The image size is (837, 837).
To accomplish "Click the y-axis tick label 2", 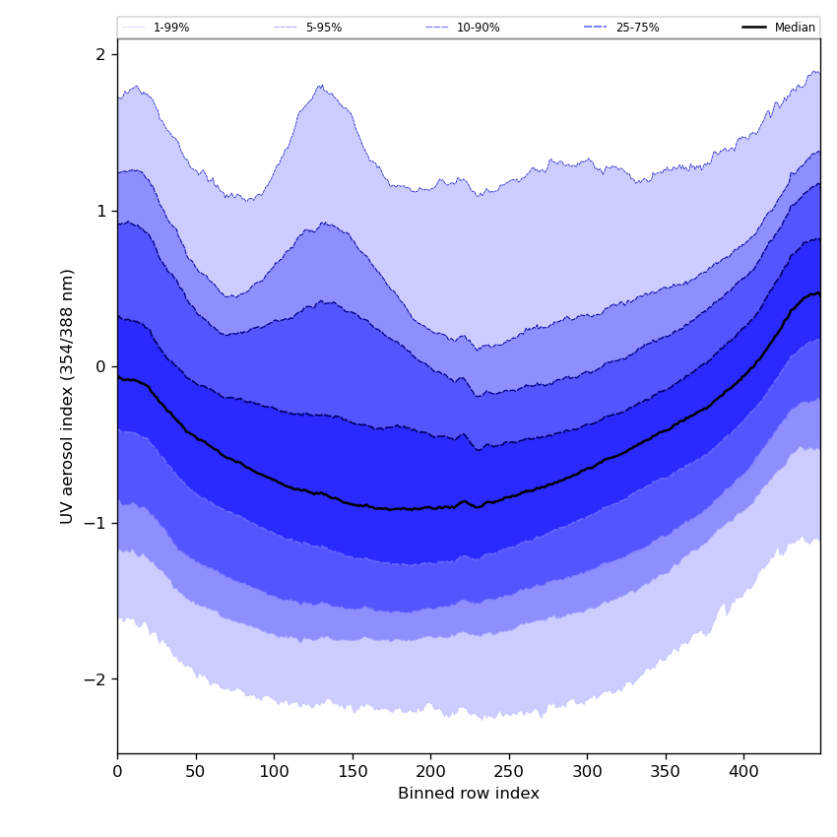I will [x=100, y=54].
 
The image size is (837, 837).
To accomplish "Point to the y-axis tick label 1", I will [x=100, y=211].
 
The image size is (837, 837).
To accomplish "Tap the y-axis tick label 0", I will [x=100, y=367].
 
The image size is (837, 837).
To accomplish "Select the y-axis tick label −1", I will [x=96, y=523].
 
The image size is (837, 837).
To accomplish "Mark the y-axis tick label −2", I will [x=96, y=679].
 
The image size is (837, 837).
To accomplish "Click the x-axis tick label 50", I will [x=196, y=773].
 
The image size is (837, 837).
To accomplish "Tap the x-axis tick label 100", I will [x=274, y=773].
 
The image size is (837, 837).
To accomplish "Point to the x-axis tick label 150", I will [x=353, y=773].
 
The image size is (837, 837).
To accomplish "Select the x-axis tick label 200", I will [x=430, y=773].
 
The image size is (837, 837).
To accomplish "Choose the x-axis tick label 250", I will [x=509, y=773].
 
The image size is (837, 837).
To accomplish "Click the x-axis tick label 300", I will [x=587, y=773].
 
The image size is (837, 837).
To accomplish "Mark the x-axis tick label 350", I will [x=666, y=773].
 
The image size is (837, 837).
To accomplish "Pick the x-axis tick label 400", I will [x=743, y=773].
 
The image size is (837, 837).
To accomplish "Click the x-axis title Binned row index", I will [x=469, y=794].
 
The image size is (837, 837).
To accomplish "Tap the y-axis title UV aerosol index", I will [x=68, y=396].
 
